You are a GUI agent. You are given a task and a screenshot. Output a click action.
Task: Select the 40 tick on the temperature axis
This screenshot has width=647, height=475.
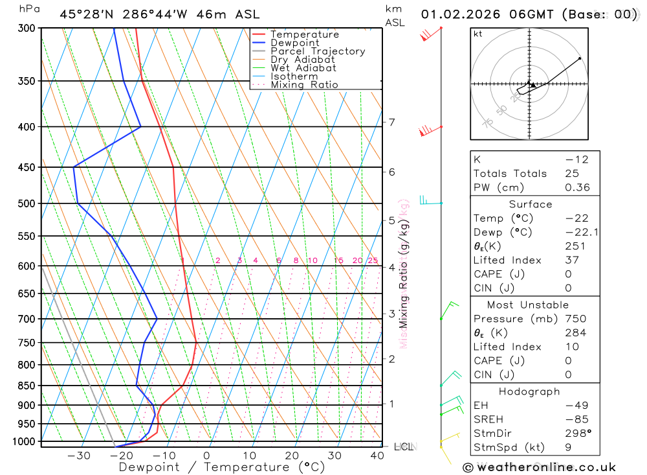[x=377, y=456]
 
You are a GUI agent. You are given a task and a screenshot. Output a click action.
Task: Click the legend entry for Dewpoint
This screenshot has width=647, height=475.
[x=295, y=43]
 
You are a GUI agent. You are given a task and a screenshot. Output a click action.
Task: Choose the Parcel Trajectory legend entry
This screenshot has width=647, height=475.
[x=318, y=51]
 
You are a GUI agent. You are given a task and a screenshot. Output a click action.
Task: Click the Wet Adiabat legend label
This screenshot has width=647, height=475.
[x=303, y=68]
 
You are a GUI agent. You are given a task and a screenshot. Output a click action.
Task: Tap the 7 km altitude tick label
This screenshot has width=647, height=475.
[x=391, y=122]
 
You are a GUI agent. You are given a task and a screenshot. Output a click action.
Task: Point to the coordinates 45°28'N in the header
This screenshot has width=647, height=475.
[x=85, y=14]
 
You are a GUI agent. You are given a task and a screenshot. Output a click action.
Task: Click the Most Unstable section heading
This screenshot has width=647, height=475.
[x=528, y=305]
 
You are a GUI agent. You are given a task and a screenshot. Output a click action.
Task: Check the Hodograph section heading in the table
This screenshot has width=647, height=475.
[x=528, y=391]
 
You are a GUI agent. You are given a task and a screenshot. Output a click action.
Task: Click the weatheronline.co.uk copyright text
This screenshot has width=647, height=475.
[x=539, y=467]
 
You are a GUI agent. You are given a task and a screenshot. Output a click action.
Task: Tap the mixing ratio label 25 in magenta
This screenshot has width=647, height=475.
[x=372, y=261]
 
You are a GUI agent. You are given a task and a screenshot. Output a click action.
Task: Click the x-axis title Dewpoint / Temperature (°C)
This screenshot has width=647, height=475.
[x=222, y=467]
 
